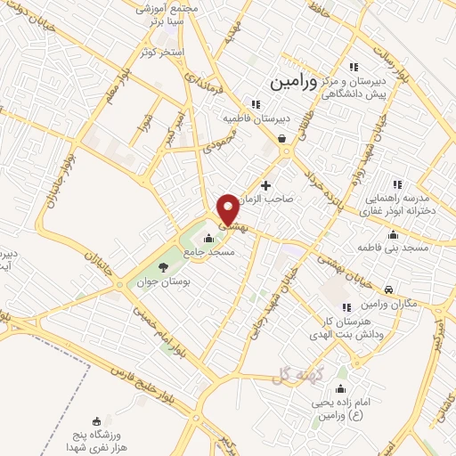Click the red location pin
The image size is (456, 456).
click(228, 209)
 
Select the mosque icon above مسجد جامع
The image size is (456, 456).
click(208, 238)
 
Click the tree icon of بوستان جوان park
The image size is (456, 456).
click(162, 266)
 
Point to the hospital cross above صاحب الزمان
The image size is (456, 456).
click(265, 184)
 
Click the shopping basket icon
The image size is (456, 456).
click(282, 139)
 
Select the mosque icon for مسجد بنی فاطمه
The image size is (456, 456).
click(393, 234)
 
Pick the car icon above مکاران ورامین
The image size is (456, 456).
click(389, 290)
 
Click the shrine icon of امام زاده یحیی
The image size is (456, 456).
click(339, 389)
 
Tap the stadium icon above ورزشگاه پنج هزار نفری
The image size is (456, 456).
click(96, 419)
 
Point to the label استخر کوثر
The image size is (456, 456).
click(161, 52)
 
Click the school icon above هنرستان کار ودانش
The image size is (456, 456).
click(346, 307)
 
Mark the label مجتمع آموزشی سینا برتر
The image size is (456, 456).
click(166, 15)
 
